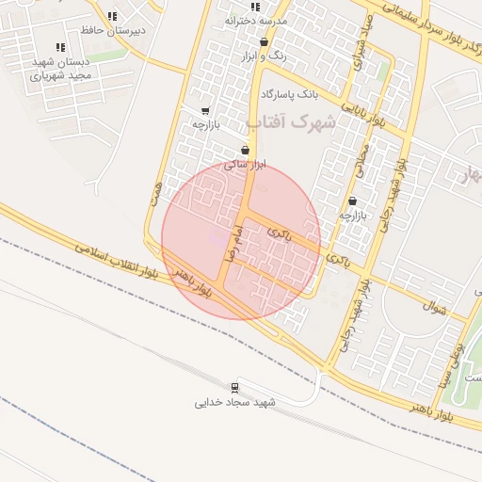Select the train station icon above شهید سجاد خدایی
(x=233, y=388)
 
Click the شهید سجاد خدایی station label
(x=235, y=403)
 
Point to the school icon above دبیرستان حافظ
(x=112, y=16)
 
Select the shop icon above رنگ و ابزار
(x=263, y=42)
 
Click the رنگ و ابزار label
(x=264, y=56)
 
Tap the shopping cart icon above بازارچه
(x=205, y=110)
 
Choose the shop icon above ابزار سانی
(x=245, y=150)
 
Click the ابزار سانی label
(x=245, y=164)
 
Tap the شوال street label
(x=433, y=305)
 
